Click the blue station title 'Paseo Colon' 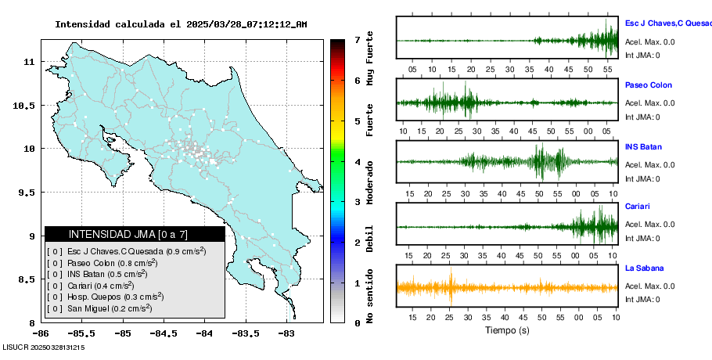click(x=648, y=85)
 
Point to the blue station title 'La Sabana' click(x=645, y=268)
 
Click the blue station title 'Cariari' click(x=638, y=207)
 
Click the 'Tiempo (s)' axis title click(x=507, y=330)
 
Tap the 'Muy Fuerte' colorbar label click(x=370, y=56)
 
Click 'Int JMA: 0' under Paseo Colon click(x=642, y=117)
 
